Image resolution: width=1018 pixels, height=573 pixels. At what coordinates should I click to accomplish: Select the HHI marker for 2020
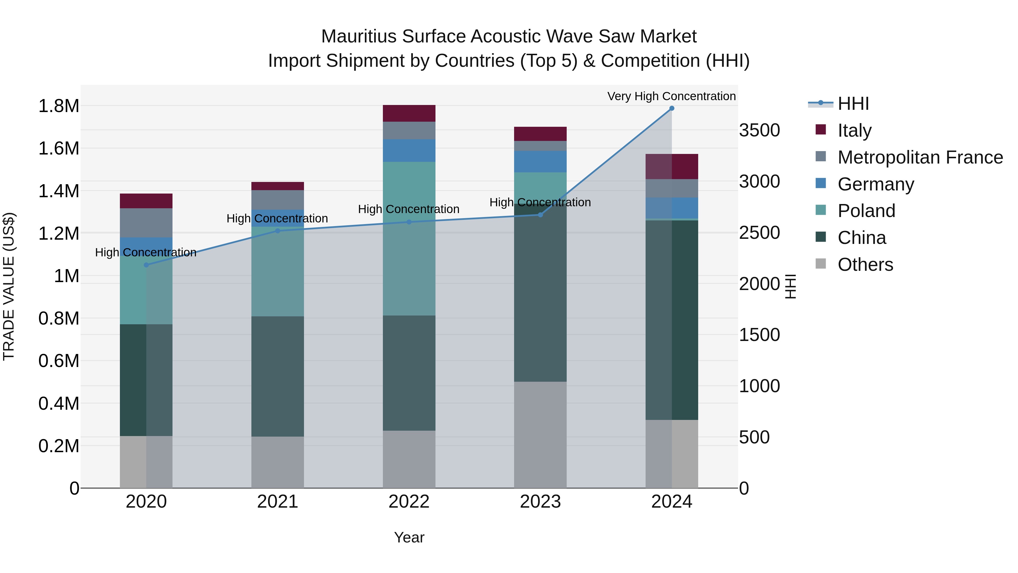point(146,265)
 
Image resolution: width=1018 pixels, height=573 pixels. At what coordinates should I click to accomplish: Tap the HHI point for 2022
point(409,222)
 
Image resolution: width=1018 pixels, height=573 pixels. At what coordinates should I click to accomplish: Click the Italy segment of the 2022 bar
point(409,113)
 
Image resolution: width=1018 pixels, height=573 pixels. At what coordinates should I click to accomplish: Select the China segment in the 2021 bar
point(277,376)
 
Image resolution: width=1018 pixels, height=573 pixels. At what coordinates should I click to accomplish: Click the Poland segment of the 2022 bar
point(409,239)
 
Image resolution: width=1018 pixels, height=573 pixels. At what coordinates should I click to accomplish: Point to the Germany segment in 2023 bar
point(540,161)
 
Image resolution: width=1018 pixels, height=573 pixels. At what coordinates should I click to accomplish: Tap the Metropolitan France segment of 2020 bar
point(146,223)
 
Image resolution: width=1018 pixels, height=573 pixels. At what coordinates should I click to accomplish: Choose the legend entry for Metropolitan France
point(920,157)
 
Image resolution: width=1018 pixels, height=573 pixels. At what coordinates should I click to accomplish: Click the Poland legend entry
point(866,211)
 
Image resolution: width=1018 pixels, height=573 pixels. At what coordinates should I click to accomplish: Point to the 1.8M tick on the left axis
point(59,106)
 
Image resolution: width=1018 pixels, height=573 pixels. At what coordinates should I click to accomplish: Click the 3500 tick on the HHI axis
point(760,130)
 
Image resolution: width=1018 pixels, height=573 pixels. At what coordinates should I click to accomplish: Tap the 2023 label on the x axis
point(540,502)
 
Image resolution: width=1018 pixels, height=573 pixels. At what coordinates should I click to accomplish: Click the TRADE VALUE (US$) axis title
point(9,287)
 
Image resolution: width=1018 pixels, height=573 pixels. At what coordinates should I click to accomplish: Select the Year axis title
point(409,537)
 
